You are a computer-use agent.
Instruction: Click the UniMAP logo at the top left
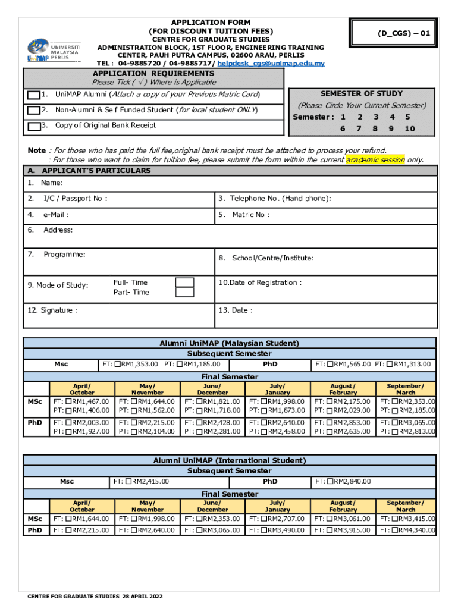point(53,50)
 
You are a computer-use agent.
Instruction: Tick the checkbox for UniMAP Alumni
point(33,95)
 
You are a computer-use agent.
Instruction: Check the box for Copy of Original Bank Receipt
point(33,125)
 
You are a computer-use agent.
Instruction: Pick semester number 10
point(409,129)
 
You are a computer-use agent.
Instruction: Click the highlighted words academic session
point(375,159)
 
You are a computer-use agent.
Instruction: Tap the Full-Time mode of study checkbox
point(185,282)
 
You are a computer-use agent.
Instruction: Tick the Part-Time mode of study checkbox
point(185,293)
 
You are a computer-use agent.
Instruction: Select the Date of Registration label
point(259,282)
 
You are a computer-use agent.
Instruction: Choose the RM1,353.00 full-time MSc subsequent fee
point(136,364)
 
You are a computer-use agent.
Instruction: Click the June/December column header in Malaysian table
point(212,389)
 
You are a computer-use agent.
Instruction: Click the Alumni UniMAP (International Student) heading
point(229,460)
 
